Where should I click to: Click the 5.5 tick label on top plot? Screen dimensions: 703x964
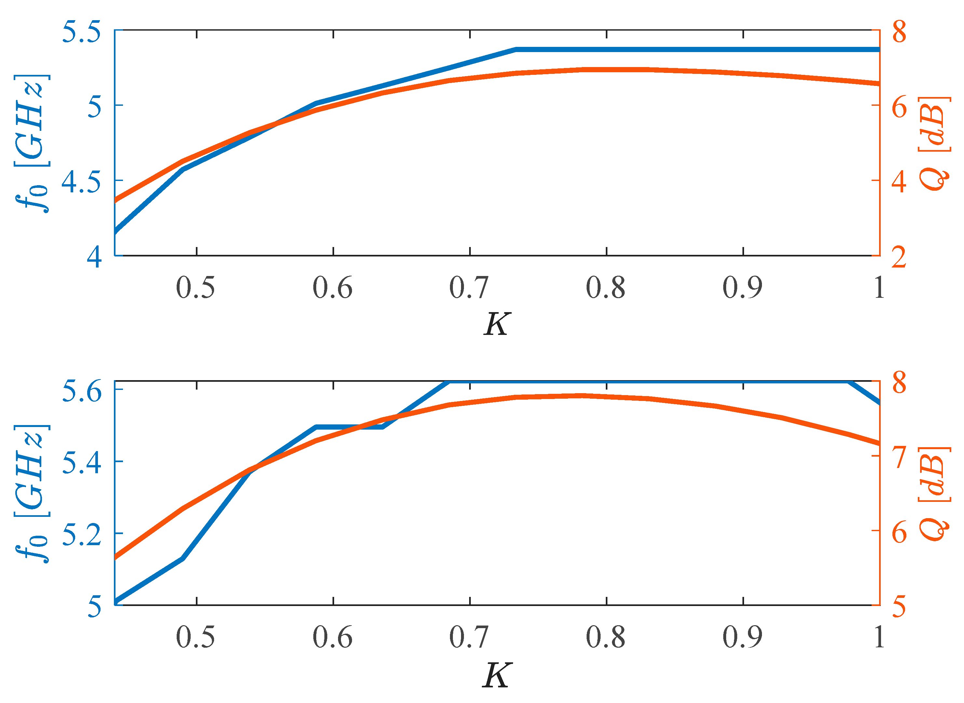82,32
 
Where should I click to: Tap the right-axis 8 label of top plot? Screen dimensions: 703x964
899,32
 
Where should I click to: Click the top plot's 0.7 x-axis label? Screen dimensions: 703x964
469,288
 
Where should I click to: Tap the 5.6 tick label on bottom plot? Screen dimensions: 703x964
82,391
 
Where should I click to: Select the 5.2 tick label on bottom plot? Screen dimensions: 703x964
82,534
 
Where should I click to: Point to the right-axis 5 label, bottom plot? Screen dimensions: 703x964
899,606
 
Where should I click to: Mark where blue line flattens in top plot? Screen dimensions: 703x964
516,50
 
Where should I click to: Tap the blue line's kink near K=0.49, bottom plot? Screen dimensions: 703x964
183,558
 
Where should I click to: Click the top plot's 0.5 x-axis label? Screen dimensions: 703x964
195,288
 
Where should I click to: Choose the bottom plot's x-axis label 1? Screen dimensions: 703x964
879,638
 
